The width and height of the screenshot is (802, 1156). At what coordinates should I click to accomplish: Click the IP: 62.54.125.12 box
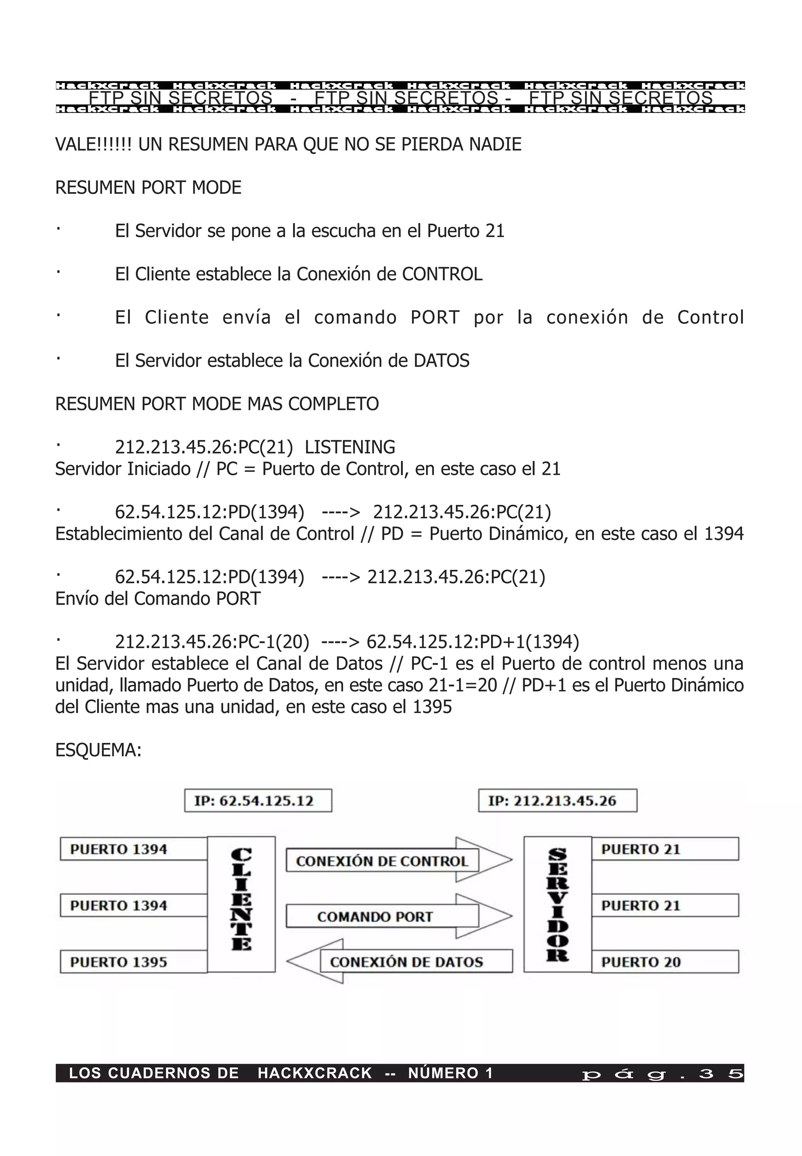(258, 800)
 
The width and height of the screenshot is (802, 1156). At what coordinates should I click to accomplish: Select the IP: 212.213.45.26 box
(557, 800)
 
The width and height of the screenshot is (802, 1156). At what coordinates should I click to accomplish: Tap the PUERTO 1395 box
(133, 962)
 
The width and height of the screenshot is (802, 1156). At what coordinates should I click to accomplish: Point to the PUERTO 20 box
(665, 962)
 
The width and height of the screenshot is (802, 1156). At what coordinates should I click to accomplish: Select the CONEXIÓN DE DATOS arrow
(400, 962)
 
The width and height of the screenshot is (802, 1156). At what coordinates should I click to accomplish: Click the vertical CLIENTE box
(241, 903)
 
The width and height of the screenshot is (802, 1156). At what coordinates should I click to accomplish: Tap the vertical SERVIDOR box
(557, 903)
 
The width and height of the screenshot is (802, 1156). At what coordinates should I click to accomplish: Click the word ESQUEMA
(98, 750)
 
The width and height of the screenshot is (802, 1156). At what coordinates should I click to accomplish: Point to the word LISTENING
(350, 447)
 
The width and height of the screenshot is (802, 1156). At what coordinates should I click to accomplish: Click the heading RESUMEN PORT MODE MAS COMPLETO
(217, 404)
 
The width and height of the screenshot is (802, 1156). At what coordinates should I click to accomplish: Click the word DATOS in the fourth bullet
(441, 361)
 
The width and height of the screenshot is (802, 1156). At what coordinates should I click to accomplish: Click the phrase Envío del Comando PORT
(158, 598)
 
